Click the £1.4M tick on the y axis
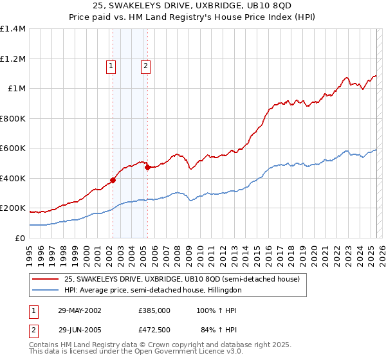point(13,29)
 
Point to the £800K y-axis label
point(13,118)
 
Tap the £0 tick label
point(19,238)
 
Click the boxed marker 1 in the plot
point(111,65)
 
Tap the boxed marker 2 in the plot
point(146,65)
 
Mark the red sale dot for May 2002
point(113,181)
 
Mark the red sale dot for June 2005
point(148,168)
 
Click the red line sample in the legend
point(46,279)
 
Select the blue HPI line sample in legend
point(46,291)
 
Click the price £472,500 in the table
point(154,330)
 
